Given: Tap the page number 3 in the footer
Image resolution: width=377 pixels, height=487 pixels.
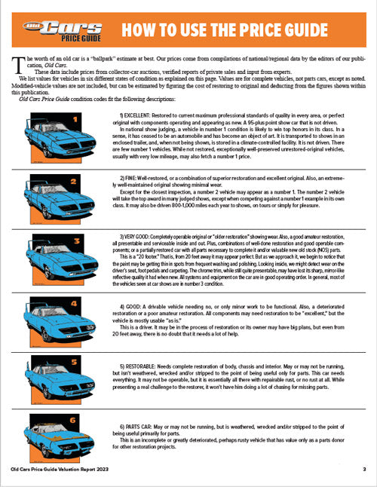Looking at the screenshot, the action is pyautogui.click(x=363, y=469).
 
